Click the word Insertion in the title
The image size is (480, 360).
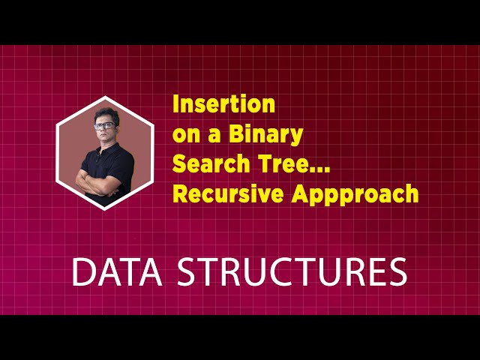tap(224, 104)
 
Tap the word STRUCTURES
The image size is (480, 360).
tap(292, 272)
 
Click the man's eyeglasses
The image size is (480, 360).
tap(105, 125)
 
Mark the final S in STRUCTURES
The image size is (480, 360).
tap(397, 272)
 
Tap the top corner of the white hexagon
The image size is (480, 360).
tap(105, 97)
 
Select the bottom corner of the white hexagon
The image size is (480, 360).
tap(105, 209)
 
